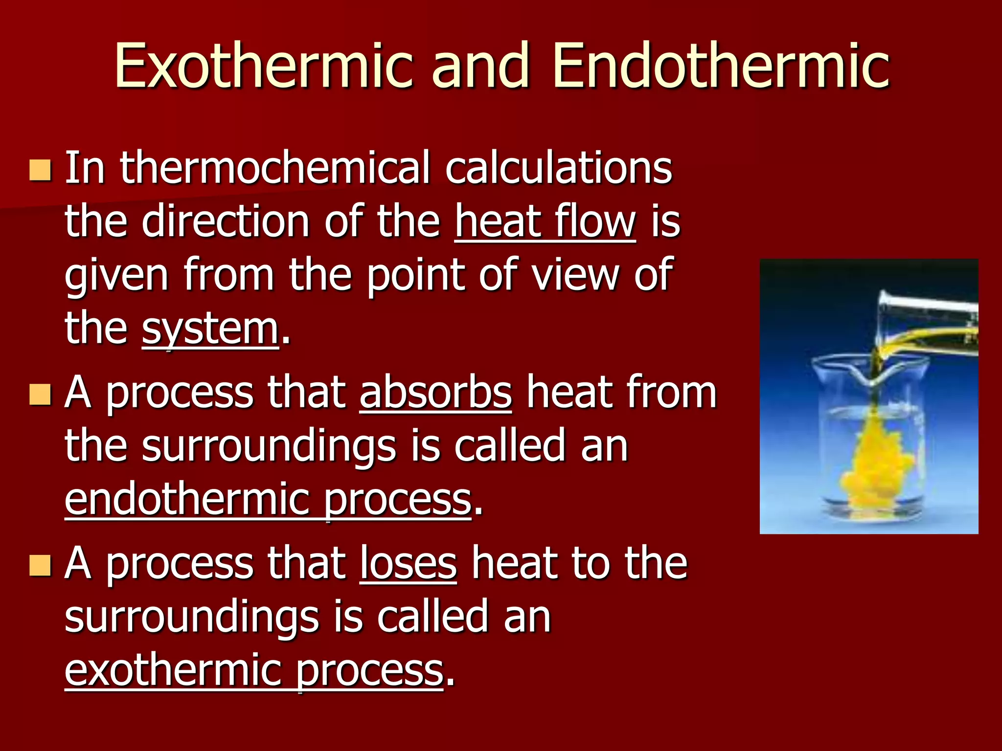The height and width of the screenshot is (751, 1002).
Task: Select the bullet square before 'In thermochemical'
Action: (40, 170)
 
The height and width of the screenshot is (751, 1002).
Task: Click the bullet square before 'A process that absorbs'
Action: (40, 394)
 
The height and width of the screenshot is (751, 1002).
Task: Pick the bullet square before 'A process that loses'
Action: (40, 565)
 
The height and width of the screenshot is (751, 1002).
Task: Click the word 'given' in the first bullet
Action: (116, 275)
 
